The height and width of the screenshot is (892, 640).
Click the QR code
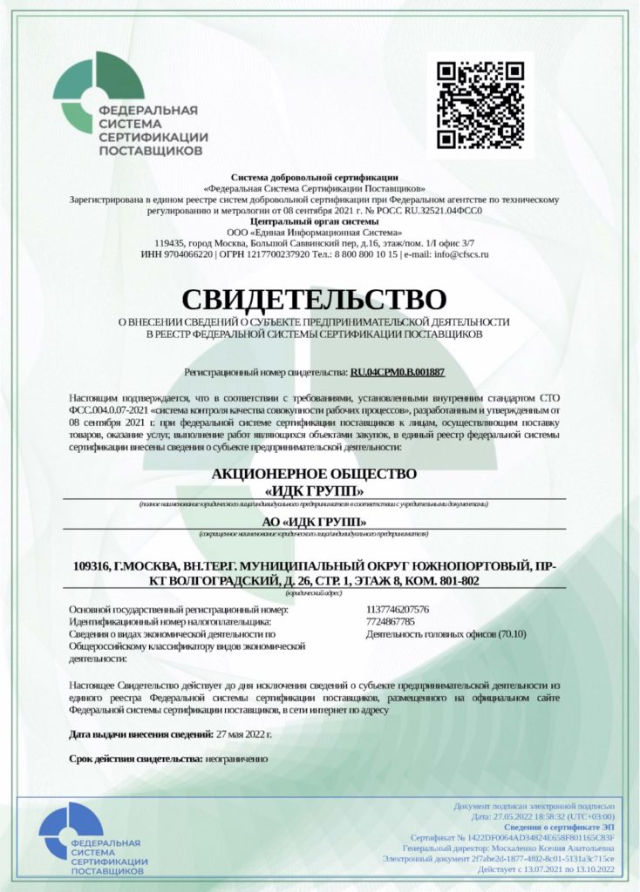tap(480, 105)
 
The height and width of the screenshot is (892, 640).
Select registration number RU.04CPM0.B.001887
tap(398, 372)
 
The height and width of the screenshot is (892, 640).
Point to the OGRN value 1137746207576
tap(398, 609)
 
